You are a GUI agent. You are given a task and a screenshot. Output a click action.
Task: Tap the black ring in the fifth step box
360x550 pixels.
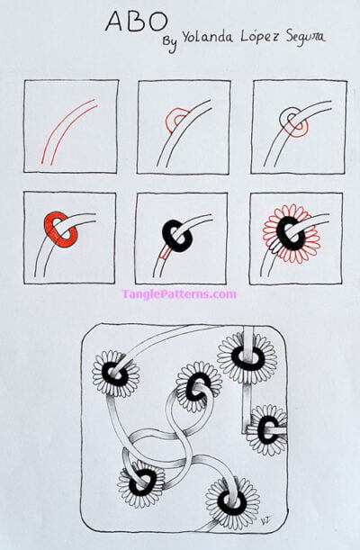click(177, 235)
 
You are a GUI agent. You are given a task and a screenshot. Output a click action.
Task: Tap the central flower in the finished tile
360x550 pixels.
click(198, 385)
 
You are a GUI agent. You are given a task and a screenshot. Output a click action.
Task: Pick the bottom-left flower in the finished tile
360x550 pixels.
click(140, 483)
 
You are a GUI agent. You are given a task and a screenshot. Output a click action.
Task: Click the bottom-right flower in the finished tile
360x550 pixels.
click(231, 501)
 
